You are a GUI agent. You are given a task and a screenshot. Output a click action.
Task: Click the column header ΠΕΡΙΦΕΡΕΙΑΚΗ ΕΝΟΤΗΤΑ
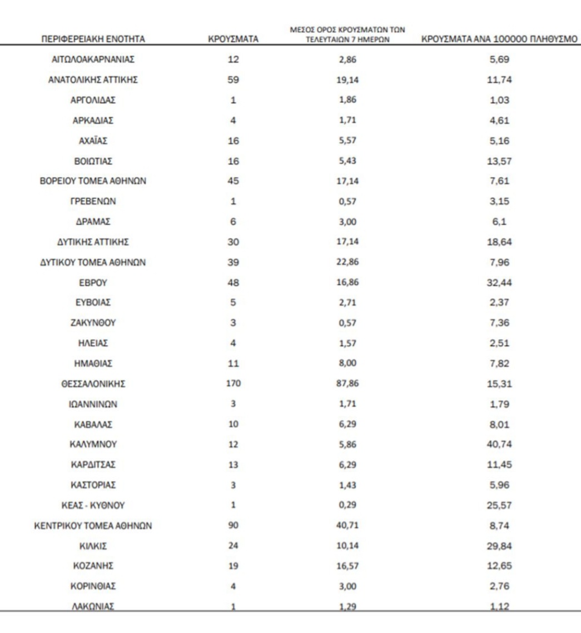[93, 39]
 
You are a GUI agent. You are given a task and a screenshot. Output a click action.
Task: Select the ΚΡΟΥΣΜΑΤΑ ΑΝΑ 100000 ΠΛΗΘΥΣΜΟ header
[499, 39]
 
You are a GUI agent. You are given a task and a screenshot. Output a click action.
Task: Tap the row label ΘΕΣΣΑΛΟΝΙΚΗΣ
[93, 384]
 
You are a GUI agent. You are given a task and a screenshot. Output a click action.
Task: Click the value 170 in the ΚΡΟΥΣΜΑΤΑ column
[233, 384]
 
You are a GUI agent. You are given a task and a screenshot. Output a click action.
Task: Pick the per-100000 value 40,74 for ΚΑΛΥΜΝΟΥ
[499, 445]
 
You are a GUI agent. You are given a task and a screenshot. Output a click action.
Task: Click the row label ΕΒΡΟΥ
[93, 282]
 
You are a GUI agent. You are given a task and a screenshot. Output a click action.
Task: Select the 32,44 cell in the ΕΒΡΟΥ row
[499, 282]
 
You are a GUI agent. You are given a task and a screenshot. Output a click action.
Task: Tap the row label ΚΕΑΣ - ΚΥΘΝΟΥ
[93, 505]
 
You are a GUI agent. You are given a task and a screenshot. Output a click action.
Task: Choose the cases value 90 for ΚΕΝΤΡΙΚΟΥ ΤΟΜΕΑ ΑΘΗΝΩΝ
[233, 526]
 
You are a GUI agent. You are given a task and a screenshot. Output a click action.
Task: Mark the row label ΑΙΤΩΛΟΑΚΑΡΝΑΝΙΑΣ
[93, 59]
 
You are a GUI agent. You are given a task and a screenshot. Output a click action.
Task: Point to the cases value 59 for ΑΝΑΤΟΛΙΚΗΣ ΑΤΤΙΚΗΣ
[233, 80]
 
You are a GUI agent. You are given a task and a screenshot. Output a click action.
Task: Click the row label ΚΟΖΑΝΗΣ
[93, 566]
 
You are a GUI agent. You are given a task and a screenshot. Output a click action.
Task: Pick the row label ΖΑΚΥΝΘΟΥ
[93, 323]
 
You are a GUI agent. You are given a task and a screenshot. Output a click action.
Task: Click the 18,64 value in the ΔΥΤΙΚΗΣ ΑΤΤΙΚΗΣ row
[499, 242]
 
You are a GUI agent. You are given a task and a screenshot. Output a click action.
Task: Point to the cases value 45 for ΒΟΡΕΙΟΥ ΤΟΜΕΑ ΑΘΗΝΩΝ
[233, 181]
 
